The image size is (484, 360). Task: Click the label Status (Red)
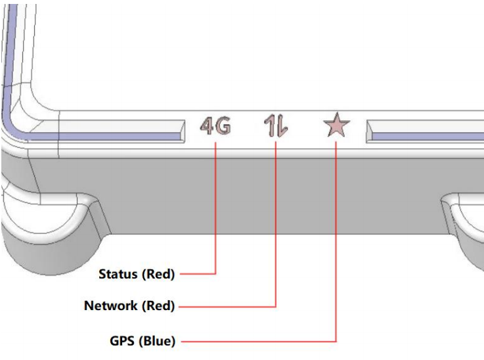pos(137,274)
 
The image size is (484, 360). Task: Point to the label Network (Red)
pos(129,305)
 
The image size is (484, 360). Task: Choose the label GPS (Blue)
pos(142,342)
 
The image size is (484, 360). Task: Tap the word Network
pos(111,305)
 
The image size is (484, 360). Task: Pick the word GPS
pos(121,342)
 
